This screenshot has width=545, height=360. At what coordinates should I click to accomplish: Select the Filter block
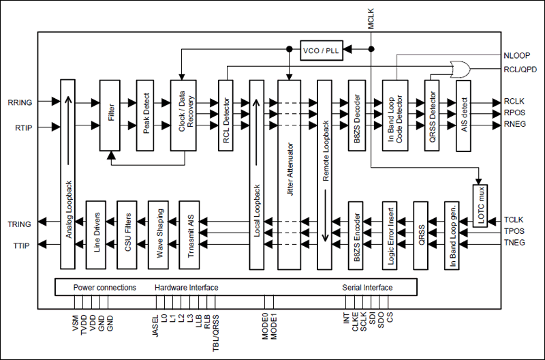click(x=110, y=115)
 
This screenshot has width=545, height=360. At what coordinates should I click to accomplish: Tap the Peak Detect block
click(x=146, y=115)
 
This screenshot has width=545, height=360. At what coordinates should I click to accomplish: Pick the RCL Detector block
click(x=226, y=115)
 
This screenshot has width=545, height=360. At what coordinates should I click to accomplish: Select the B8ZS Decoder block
click(x=358, y=115)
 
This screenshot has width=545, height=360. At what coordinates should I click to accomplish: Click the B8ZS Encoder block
click(x=358, y=234)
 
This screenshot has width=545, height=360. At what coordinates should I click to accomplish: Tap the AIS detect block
click(x=464, y=115)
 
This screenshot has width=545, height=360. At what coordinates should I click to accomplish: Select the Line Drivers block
click(x=96, y=234)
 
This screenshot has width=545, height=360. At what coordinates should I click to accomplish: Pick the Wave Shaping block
click(x=159, y=234)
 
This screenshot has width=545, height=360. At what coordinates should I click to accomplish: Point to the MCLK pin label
click(x=371, y=16)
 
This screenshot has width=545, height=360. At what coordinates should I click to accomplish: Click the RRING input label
click(x=20, y=102)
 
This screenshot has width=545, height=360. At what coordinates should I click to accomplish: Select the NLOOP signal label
click(x=517, y=55)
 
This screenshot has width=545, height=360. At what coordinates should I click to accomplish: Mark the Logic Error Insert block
click(x=389, y=234)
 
